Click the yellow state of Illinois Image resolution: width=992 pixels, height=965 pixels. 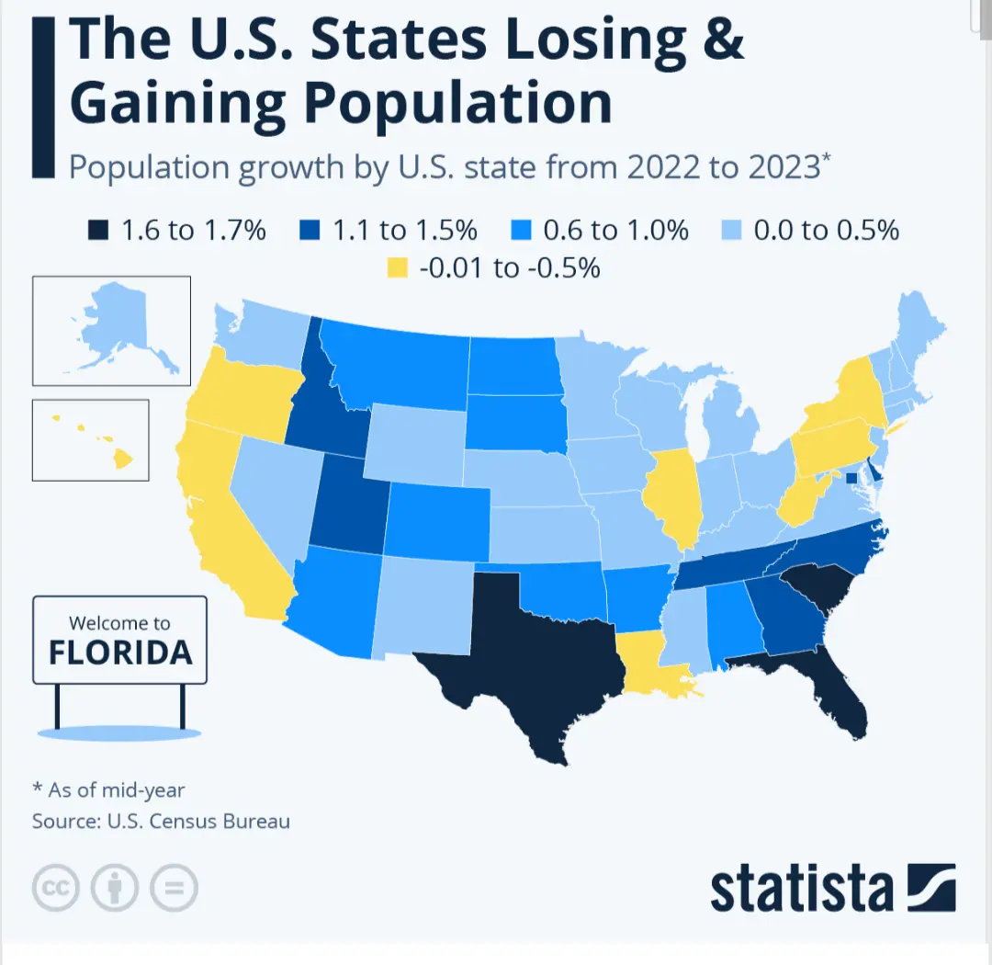pos(675,496)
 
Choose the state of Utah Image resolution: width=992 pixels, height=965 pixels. pos(347,505)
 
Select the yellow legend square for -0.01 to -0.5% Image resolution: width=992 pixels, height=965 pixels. pos(398,268)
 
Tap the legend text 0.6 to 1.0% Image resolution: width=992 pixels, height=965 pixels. pos(615,230)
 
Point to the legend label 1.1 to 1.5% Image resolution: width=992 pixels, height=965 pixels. pos(405,230)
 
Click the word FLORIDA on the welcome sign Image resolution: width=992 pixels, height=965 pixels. pos(120,652)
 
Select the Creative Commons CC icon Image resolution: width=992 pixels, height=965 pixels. pos(56,888)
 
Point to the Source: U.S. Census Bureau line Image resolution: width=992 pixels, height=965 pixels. pos(161,821)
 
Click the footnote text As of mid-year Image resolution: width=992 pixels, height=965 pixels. pos(115,789)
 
